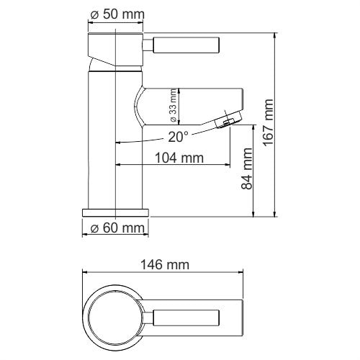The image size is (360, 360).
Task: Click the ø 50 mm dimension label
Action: [x=117, y=14]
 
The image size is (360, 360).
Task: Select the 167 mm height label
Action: [x=269, y=122]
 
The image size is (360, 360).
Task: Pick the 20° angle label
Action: [x=178, y=135]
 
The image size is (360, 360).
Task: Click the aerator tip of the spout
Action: [x=229, y=119]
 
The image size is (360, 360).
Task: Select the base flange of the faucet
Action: [x=115, y=213]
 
